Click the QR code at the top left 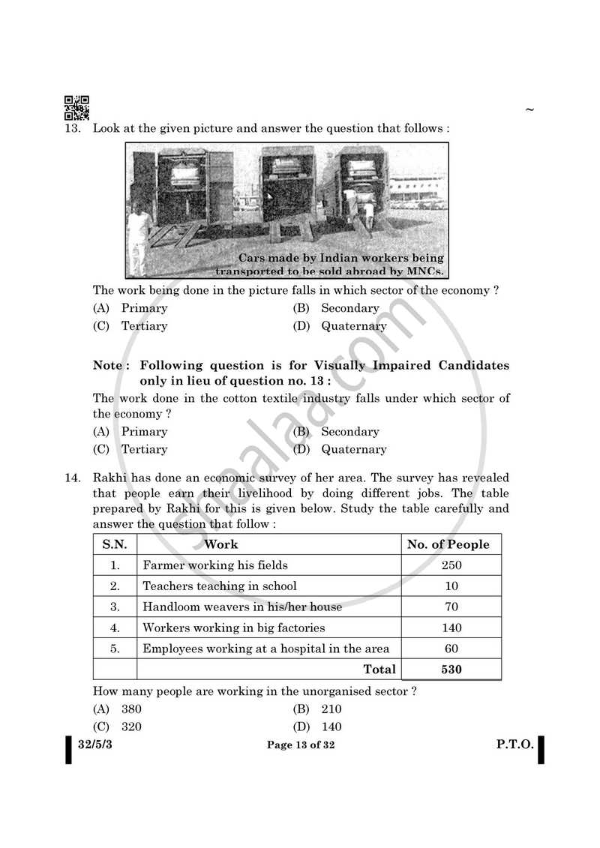point(76,108)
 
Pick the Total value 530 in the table point(451,670)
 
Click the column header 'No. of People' point(448,544)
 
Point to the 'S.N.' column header point(115,544)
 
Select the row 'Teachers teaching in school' point(220,586)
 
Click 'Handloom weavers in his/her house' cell point(242,607)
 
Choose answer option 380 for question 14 point(131,709)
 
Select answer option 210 point(331,709)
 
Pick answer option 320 point(131,727)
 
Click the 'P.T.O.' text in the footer point(514,745)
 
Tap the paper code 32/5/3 point(97,745)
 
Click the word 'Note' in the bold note point(106,366)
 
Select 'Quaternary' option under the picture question point(354,326)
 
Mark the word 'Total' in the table point(379,670)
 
